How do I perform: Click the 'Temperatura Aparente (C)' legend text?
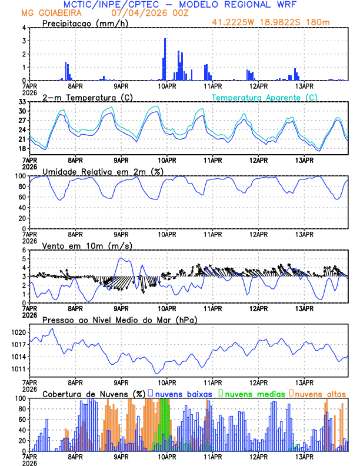[x=265, y=97]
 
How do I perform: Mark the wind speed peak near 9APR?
[x=121, y=258]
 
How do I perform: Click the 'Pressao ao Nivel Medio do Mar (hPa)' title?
[x=119, y=319]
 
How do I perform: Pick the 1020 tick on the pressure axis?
[x=18, y=332]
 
